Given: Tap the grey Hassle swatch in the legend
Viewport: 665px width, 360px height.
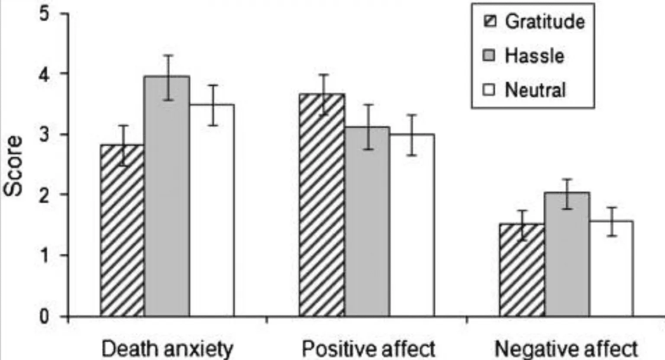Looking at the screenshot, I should (x=489, y=56).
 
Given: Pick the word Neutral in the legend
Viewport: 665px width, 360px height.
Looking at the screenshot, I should (x=535, y=90).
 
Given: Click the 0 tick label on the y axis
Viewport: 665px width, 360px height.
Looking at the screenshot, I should (x=45, y=317).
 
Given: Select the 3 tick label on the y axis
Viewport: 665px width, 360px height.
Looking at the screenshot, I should (x=45, y=135).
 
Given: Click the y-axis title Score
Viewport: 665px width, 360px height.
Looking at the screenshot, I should (x=13, y=166).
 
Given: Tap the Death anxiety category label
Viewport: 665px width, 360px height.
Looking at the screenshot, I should (x=167, y=349).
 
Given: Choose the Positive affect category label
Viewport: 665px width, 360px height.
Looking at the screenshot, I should (x=368, y=349).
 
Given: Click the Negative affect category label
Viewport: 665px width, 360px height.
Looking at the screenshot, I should (x=566, y=349).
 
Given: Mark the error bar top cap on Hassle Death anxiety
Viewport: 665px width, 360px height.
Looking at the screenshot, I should (x=168, y=55).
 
